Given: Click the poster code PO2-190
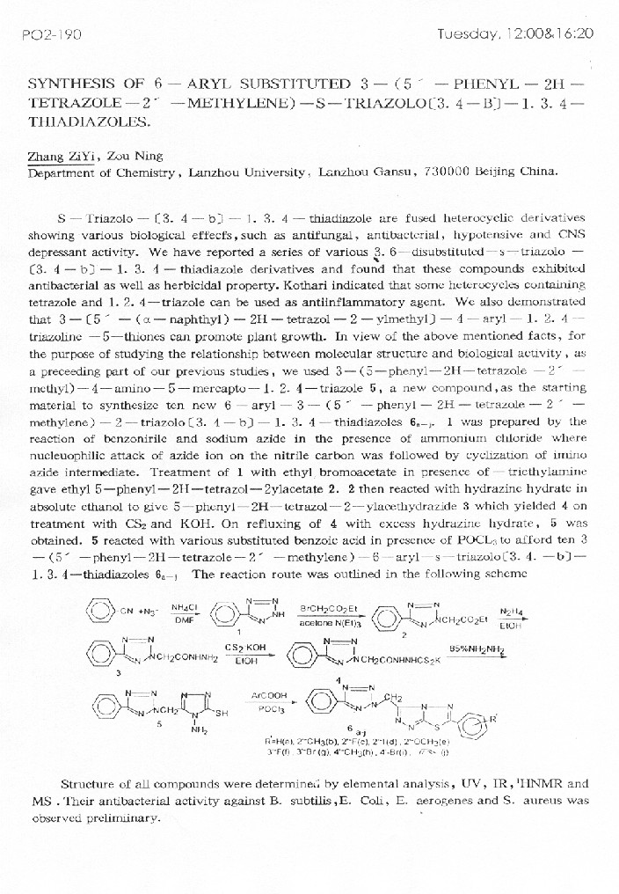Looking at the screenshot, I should coord(51,34).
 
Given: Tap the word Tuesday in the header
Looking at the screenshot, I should coord(469,34).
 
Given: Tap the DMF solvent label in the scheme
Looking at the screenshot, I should coord(184,620).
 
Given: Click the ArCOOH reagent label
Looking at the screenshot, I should coord(265,695).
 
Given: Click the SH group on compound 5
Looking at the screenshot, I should coord(220,714).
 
